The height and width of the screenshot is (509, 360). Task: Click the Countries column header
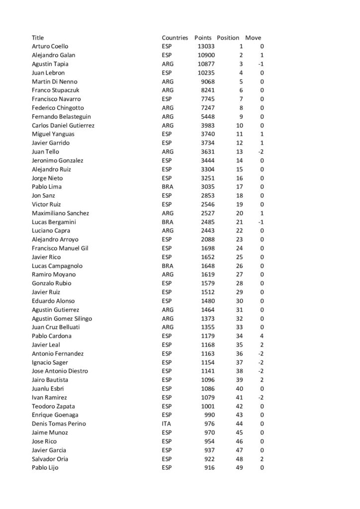click(x=175, y=38)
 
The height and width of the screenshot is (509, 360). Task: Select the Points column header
click(x=203, y=38)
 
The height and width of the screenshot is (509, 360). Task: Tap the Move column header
click(x=253, y=38)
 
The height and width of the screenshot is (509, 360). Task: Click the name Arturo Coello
click(x=50, y=47)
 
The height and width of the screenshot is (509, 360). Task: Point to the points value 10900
click(x=206, y=55)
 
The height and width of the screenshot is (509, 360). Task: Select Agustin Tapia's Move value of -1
click(x=260, y=64)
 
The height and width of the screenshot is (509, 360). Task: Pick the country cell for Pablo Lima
click(x=168, y=187)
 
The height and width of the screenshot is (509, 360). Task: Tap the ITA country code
click(x=167, y=424)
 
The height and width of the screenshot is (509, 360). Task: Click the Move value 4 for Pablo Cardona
click(x=262, y=336)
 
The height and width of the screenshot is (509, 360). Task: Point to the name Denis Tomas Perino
click(x=59, y=424)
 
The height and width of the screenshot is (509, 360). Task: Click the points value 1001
click(x=208, y=406)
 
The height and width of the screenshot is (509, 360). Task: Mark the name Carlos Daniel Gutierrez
click(x=63, y=125)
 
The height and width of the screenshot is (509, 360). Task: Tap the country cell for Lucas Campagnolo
click(x=168, y=266)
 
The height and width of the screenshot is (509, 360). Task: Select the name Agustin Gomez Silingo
click(x=62, y=319)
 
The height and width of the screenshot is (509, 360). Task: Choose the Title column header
click(x=38, y=38)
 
